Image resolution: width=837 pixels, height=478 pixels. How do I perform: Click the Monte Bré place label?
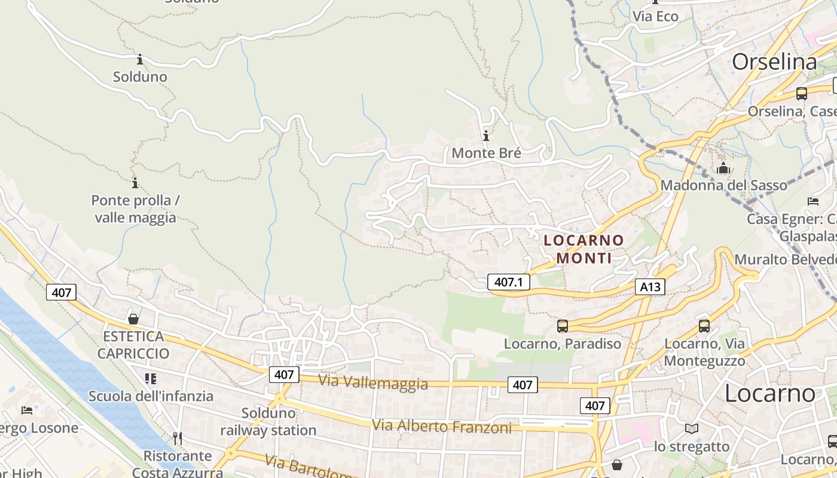point(486,153)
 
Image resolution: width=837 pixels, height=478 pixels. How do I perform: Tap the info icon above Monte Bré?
point(486,136)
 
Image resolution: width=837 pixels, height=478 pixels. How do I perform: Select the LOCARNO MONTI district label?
point(584,249)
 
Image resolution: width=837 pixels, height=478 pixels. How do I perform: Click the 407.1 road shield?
point(509,282)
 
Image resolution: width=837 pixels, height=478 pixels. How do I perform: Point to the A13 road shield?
point(650,287)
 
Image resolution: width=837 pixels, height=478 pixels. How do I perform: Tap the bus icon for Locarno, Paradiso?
point(563,326)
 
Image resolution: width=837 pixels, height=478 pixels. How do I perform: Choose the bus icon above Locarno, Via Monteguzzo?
point(704,326)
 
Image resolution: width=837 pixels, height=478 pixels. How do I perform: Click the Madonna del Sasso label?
point(723,185)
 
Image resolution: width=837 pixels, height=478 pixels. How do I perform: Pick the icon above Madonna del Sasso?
point(723,168)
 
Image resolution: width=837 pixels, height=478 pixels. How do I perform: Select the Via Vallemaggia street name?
point(373,382)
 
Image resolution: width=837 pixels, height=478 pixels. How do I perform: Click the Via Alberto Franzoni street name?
point(442,427)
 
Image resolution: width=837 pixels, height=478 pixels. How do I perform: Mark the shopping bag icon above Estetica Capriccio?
point(133,319)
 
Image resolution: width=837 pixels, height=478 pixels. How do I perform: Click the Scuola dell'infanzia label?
point(151,396)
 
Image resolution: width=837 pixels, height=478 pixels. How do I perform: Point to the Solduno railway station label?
point(268,422)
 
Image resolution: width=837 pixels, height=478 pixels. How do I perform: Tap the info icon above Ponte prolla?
point(135,183)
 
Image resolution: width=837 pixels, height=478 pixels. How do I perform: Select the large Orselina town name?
point(774,62)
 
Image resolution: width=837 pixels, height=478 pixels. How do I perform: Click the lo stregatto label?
point(692,447)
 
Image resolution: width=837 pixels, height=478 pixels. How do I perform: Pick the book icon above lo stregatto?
point(692,428)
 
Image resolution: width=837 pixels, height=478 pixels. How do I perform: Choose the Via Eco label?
point(655,17)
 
